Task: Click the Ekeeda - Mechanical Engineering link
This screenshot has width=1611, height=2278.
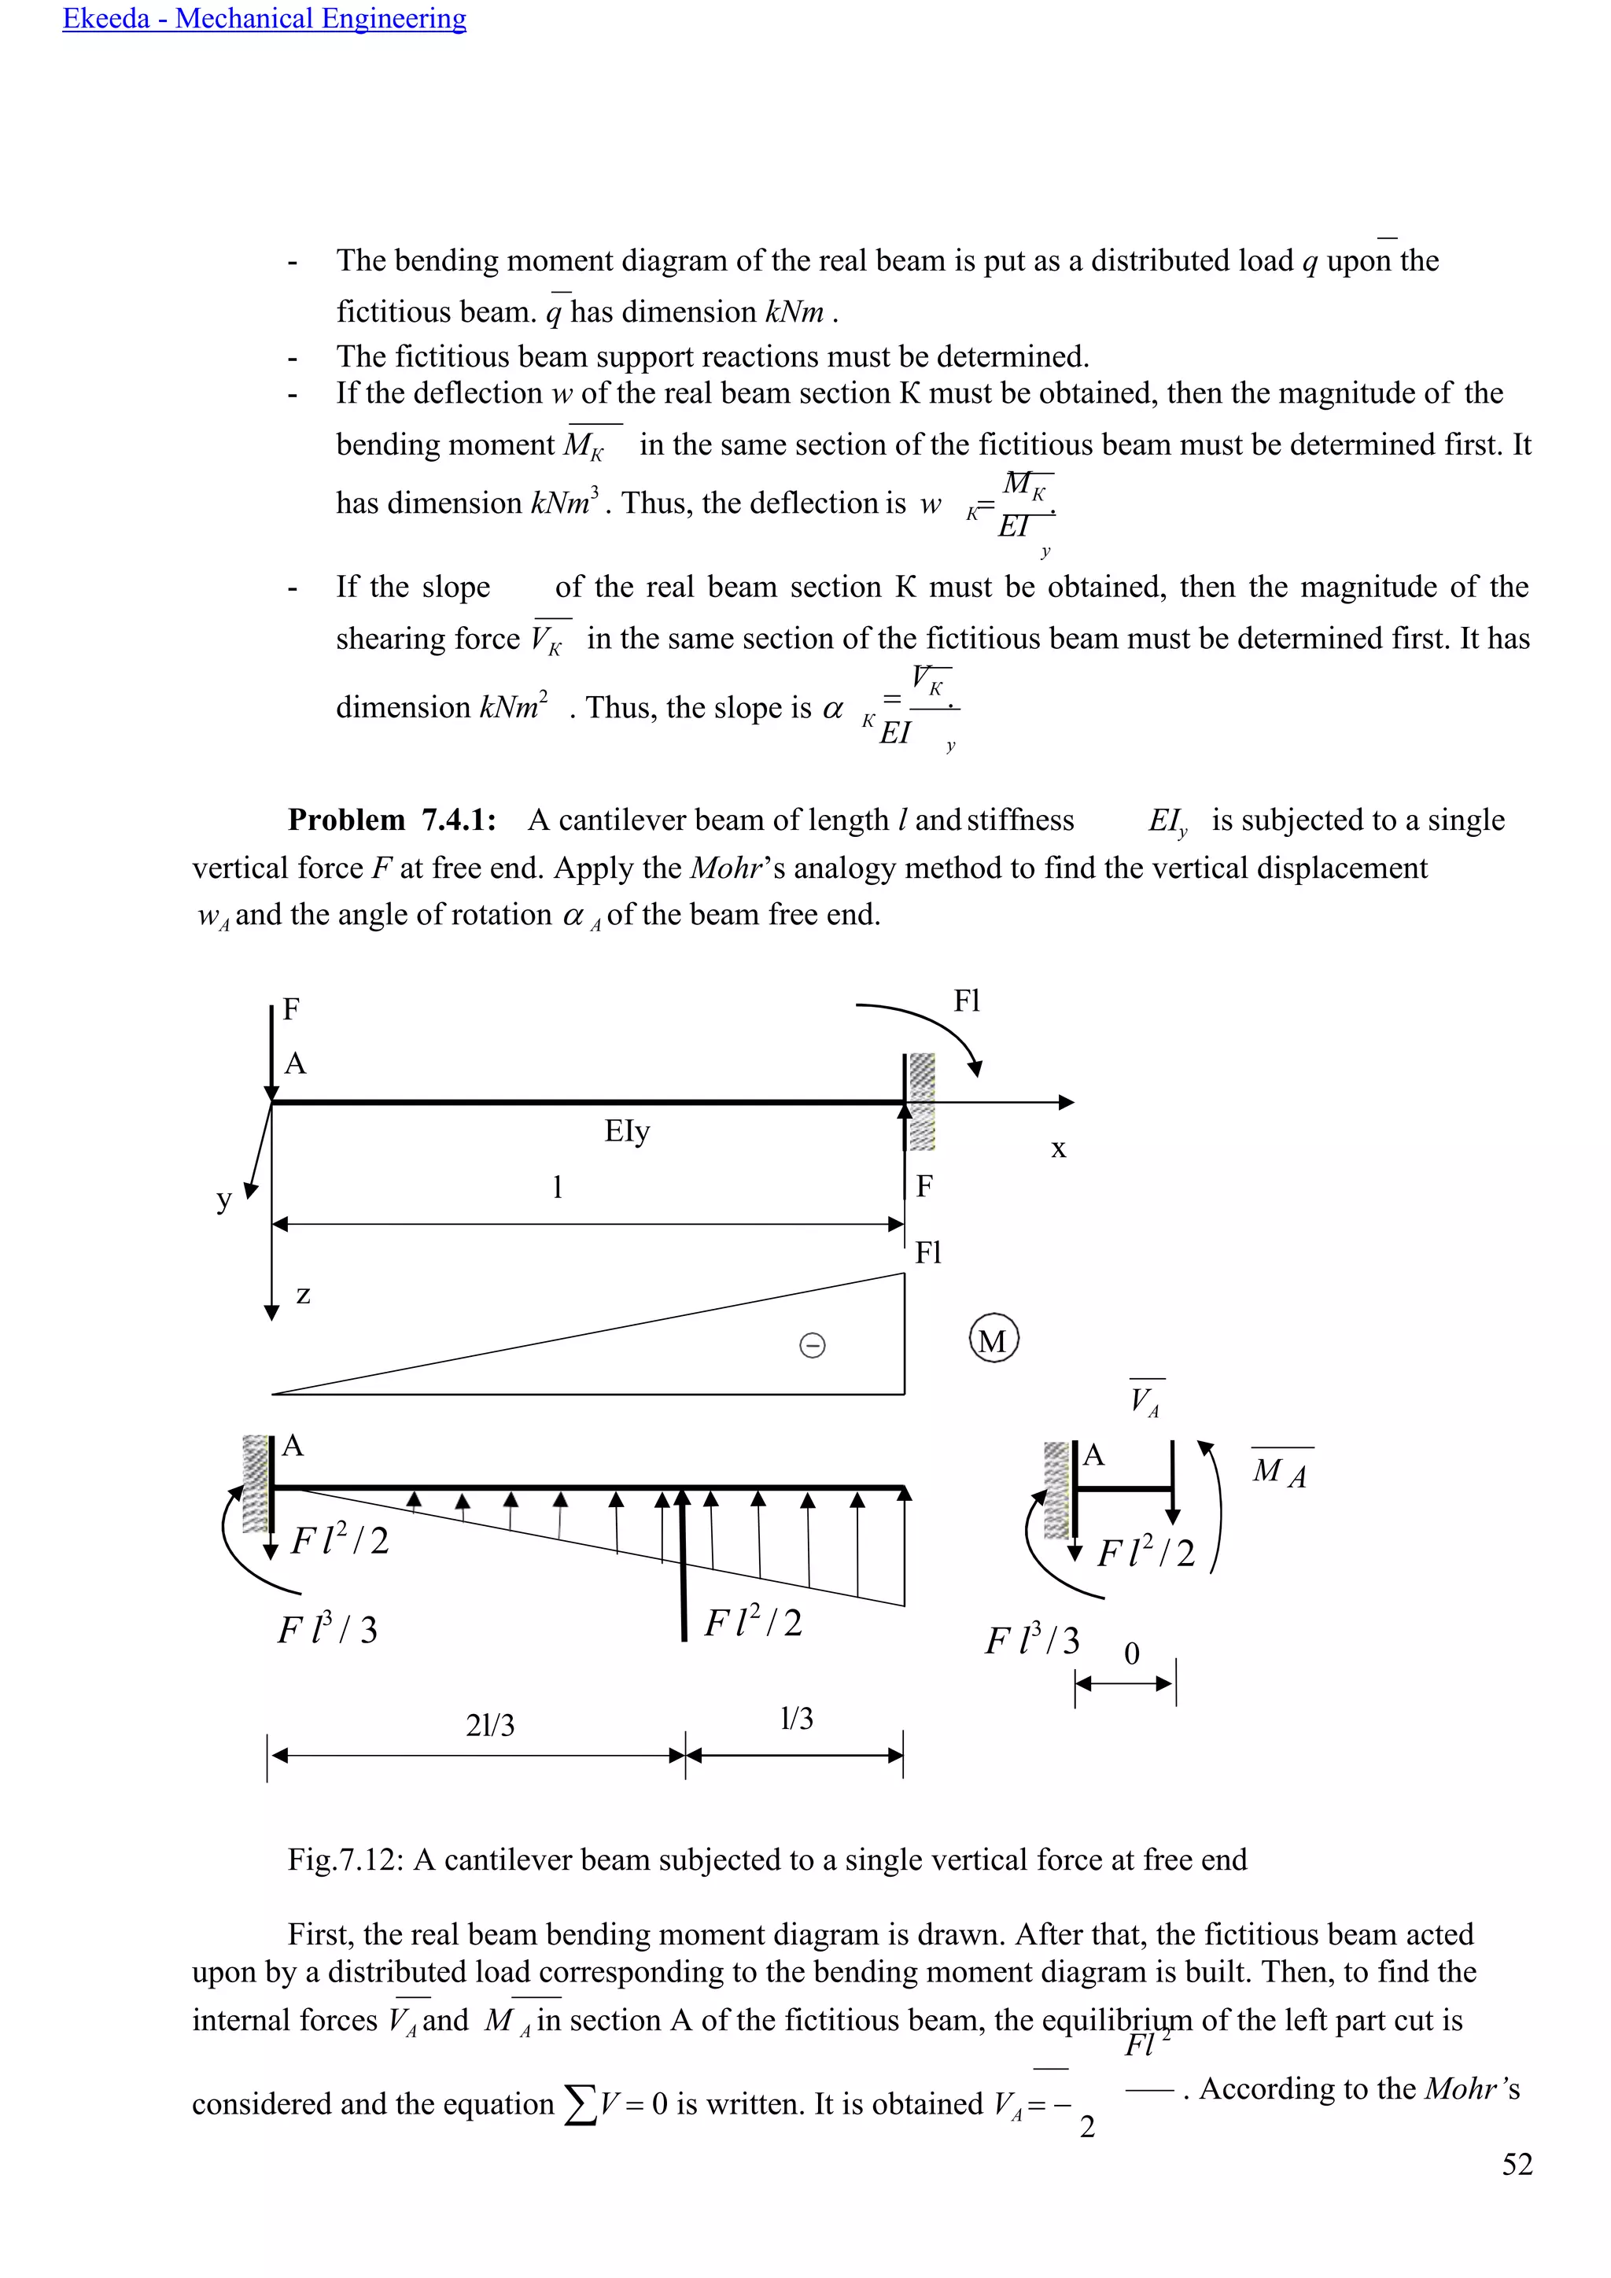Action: coord(264,19)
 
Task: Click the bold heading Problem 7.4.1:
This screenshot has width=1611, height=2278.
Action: coord(392,820)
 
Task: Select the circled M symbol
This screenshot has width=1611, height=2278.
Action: coord(993,1340)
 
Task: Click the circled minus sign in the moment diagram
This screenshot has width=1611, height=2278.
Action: coord(812,1345)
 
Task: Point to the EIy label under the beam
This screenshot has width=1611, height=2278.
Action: coord(627,1131)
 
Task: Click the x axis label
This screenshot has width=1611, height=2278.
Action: coord(1059,1149)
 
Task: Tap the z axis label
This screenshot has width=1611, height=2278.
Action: coord(303,1295)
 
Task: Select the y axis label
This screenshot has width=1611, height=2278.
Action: coord(224,1200)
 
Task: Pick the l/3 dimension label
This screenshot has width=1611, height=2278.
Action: coord(797,1719)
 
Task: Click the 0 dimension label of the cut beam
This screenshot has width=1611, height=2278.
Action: coord(1132,1654)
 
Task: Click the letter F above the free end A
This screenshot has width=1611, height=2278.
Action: coord(290,1010)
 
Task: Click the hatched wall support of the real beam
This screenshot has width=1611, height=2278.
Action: coord(922,1101)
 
